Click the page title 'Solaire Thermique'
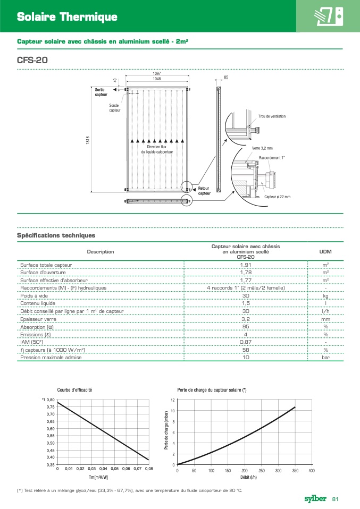point(67,18)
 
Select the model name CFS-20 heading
point(33,60)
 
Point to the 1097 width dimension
point(157,73)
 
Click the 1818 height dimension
point(87,140)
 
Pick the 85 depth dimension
point(226,78)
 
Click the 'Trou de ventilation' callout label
point(272,116)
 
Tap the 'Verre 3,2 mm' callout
point(262,148)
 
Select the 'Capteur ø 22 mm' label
point(278,197)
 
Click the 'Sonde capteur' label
point(115,108)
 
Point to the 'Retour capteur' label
point(204,191)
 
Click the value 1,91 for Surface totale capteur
point(246,265)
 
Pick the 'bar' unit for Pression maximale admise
point(325,358)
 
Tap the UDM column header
point(325,251)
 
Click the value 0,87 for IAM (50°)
point(246,342)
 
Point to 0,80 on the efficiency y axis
point(50,400)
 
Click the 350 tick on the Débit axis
point(295,471)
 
